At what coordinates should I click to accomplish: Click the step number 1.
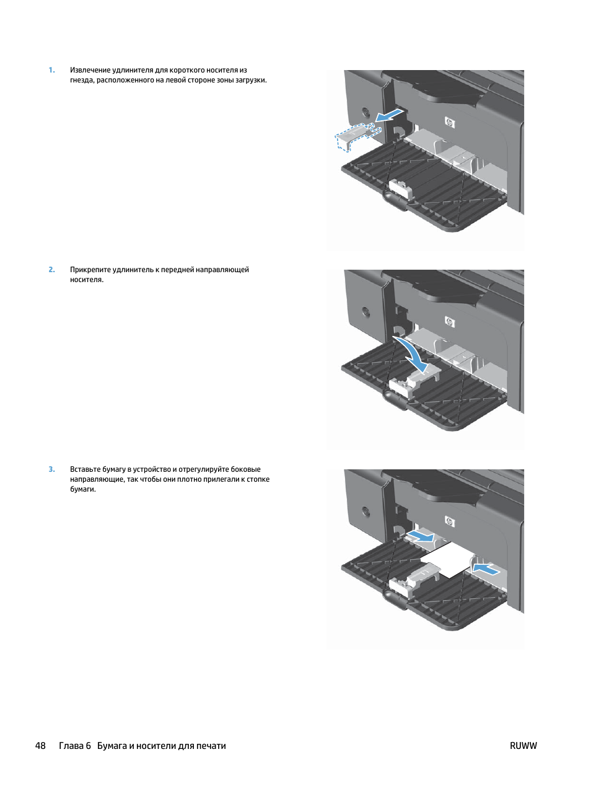(x=51, y=70)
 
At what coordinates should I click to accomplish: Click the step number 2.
(x=51, y=270)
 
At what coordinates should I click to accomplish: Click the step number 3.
(x=51, y=469)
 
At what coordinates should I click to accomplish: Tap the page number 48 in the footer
(x=40, y=746)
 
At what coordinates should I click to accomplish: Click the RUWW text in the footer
(x=523, y=746)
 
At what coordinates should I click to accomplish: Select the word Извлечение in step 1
(x=90, y=70)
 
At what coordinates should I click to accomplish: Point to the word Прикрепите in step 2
(x=90, y=270)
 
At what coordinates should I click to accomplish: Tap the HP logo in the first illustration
(x=450, y=123)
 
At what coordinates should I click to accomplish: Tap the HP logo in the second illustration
(x=450, y=322)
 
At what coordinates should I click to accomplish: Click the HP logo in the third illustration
(x=450, y=521)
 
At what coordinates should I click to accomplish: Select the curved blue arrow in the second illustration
(x=411, y=353)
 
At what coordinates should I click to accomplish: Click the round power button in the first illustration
(x=366, y=111)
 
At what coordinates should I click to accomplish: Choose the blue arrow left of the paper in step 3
(x=421, y=536)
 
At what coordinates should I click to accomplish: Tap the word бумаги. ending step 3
(x=83, y=489)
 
